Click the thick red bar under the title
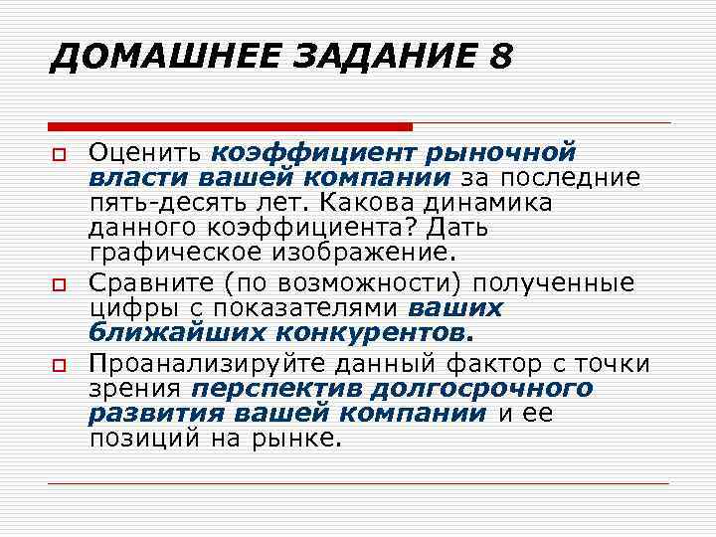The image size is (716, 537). point(230,126)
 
